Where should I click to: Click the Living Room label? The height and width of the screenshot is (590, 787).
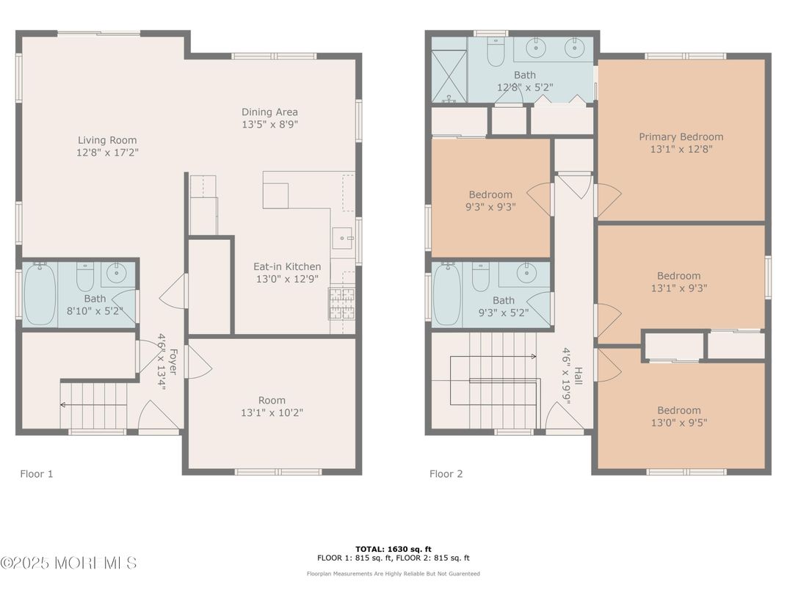[x=107, y=140]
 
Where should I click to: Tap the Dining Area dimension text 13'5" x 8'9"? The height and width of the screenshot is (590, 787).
[x=270, y=125]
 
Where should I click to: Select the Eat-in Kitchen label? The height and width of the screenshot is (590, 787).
[x=287, y=267]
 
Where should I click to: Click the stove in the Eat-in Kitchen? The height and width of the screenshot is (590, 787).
[x=342, y=303]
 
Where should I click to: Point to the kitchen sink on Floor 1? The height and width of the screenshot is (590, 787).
[x=343, y=238]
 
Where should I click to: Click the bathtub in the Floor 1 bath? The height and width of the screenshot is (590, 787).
[x=40, y=294]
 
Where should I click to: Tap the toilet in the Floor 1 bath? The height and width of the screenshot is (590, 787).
[x=85, y=277]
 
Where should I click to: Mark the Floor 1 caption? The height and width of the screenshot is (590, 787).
[x=37, y=474]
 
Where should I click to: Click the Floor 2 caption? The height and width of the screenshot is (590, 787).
[x=446, y=474]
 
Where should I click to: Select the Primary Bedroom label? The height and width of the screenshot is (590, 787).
[x=681, y=137]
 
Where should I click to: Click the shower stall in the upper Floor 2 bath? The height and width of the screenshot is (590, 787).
[x=449, y=69]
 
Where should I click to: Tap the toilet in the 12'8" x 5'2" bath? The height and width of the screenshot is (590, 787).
[x=496, y=51]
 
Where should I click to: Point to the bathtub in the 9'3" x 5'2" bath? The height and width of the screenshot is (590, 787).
[x=446, y=295]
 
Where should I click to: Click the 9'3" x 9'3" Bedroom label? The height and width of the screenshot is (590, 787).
[x=490, y=194]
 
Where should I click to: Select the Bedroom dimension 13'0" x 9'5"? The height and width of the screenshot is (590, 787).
[x=679, y=423]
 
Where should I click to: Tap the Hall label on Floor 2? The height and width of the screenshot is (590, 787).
[x=579, y=376]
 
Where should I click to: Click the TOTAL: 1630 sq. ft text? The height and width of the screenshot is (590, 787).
[x=393, y=550]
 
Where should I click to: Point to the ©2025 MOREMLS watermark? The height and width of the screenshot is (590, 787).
[x=69, y=563]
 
